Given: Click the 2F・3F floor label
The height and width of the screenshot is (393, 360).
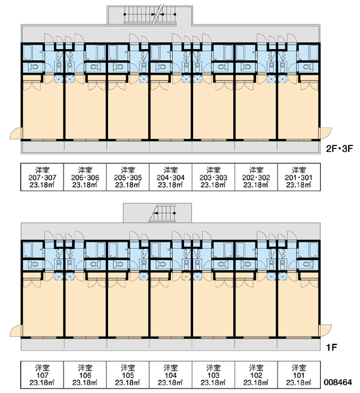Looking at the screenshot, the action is [x=339, y=149].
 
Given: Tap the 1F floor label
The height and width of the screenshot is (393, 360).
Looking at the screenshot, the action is [x=331, y=347].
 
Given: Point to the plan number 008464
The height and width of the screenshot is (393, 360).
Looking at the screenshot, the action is [x=338, y=383].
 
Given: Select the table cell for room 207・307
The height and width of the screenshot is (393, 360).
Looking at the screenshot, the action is [x=42, y=177].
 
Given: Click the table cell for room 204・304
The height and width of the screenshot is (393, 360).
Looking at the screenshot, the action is [x=171, y=177].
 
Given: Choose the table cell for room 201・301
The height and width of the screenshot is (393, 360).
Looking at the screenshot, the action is [x=299, y=177].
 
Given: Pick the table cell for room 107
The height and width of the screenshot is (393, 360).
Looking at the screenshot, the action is [x=42, y=375].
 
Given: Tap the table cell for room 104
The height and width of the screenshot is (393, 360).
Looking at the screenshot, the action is [x=171, y=375].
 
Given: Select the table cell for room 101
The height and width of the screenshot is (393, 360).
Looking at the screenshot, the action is [x=299, y=375].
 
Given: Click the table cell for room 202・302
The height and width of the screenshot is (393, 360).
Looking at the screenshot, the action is [x=256, y=177].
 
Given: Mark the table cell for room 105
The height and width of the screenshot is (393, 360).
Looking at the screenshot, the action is [x=128, y=375].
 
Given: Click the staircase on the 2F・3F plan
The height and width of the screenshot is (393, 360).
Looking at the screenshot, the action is [x=150, y=15].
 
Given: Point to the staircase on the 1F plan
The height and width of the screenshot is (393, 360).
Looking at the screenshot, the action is [x=162, y=214].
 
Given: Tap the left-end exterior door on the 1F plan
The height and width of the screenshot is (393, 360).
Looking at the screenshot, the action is [x=16, y=331].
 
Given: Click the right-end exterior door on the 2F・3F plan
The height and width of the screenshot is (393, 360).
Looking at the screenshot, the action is [x=325, y=133].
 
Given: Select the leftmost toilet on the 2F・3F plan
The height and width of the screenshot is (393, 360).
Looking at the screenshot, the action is [x=33, y=67].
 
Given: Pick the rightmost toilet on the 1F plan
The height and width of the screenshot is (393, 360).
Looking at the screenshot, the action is [x=308, y=265].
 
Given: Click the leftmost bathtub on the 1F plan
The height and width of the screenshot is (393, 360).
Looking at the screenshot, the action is [x=27, y=250].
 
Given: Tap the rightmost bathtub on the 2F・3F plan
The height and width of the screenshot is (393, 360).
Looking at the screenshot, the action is [x=314, y=52].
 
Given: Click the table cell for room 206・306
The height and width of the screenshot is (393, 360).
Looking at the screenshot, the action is [x=85, y=177].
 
